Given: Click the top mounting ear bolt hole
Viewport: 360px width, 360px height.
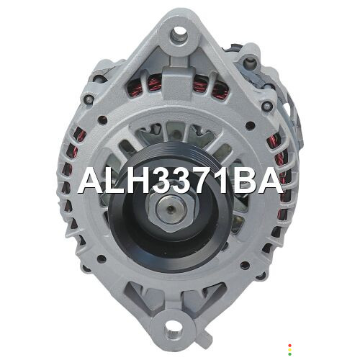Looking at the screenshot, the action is [179, 32].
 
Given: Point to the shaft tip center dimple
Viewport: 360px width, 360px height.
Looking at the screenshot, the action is [170, 208].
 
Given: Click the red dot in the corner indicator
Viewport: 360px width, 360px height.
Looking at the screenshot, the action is [290, 346].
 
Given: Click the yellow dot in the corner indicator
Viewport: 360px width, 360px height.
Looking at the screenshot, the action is [290, 350].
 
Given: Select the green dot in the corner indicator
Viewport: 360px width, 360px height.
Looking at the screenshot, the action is [290, 354].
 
